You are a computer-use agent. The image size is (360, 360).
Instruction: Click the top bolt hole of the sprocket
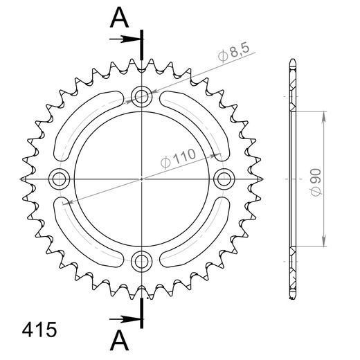click(x=142, y=96)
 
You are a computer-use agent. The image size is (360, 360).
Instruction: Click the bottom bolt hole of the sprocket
click(x=142, y=260)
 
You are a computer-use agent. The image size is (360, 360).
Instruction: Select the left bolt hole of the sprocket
click(x=60, y=179)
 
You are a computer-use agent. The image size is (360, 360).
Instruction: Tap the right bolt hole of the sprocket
click(x=224, y=179)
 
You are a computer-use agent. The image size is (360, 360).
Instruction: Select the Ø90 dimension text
click(x=316, y=179)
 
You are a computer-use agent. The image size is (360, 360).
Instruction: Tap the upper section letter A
click(x=120, y=18)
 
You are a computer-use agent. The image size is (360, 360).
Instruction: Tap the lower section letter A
click(x=120, y=341)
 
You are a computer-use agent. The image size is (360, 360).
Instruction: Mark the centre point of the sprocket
click(x=142, y=179)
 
